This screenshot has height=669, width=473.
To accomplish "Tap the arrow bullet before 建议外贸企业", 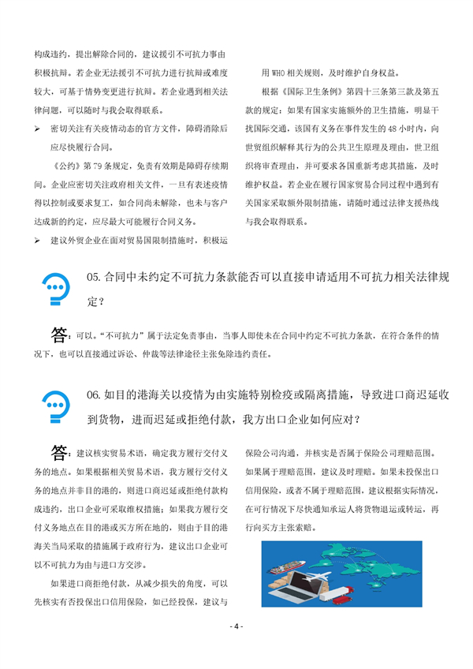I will [x=38, y=239].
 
